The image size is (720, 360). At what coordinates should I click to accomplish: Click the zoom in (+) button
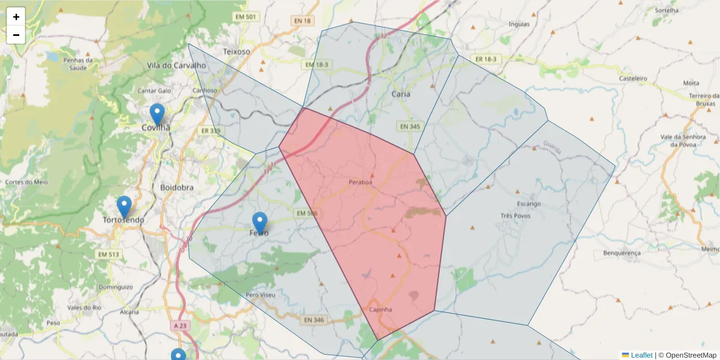pos(16,17)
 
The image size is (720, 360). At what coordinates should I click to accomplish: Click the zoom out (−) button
pos(16,35)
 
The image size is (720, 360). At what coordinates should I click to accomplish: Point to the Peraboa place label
pos(360,181)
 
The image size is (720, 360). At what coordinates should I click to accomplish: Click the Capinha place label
pos(380,310)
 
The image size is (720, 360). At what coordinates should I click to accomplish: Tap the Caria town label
pos(401,94)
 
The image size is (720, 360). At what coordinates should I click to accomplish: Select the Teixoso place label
pos(236,52)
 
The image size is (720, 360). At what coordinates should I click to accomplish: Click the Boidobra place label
pos(177,187)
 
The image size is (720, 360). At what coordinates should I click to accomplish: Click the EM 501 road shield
pos(248,17)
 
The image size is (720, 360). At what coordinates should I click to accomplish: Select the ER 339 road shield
pos(211,131)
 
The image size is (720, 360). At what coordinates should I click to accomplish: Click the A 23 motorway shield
pos(179,325)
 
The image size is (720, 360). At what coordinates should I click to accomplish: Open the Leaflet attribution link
pos(641,355)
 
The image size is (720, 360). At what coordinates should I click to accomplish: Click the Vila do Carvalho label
pos(176,65)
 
